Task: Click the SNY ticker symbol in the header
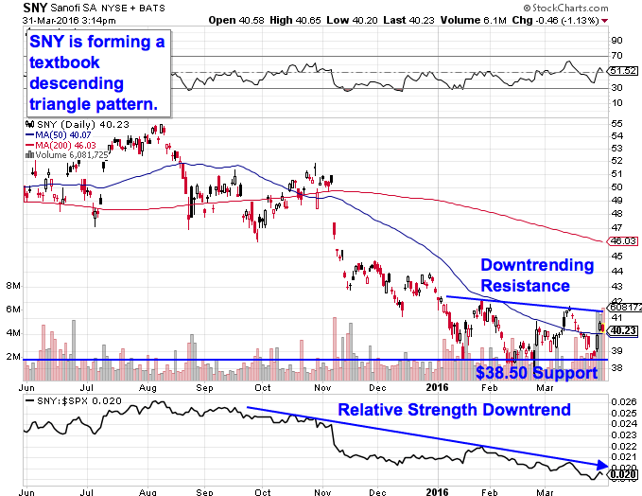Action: click(34, 7)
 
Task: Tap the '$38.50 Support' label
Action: click(536, 373)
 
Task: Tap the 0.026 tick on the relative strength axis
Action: click(619, 401)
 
